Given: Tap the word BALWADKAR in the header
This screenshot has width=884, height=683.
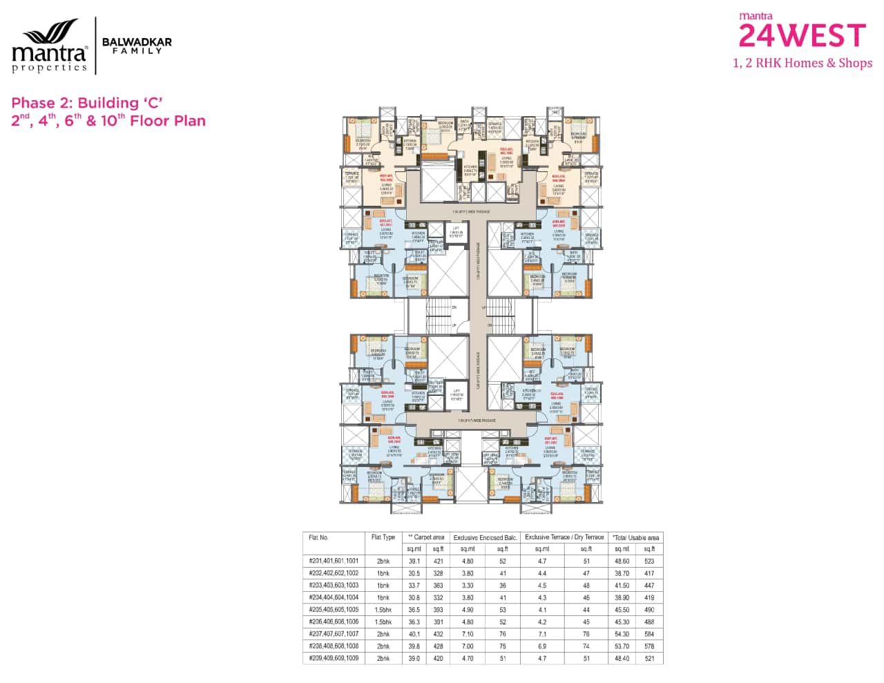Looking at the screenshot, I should pyautogui.click(x=137, y=42).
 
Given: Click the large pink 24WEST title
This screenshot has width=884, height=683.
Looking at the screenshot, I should pyautogui.click(x=802, y=36).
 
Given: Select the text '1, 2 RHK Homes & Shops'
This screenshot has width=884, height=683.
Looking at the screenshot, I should pyautogui.click(x=802, y=64).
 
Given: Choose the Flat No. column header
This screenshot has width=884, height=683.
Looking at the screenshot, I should pyautogui.click(x=319, y=537).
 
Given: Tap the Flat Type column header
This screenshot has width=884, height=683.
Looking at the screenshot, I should pyautogui.click(x=383, y=537).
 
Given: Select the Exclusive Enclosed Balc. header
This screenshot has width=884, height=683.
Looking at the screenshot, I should pyautogui.click(x=485, y=537).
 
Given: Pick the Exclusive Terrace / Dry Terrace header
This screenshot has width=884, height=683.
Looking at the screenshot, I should pyautogui.click(x=564, y=537).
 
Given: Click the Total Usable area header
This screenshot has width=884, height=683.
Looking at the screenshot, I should pyautogui.click(x=635, y=537).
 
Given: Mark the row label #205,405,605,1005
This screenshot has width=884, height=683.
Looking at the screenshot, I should pyautogui.click(x=334, y=610).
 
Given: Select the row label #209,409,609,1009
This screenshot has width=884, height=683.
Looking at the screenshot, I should pyautogui.click(x=334, y=659).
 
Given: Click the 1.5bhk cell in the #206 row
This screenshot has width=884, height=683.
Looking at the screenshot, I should pyautogui.click(x=383, y=622).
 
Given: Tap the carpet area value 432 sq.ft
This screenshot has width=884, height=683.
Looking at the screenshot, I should pyautogui.click(x=438, y=635).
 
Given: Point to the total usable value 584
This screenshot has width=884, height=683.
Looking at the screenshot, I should pyautogui.click(x=648, y=635).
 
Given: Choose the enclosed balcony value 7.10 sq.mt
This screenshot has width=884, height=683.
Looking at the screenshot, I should pyautogui.click(x=468, y=635).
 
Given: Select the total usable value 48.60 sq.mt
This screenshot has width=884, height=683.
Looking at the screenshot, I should pyautogui.click(x=622, y=561).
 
